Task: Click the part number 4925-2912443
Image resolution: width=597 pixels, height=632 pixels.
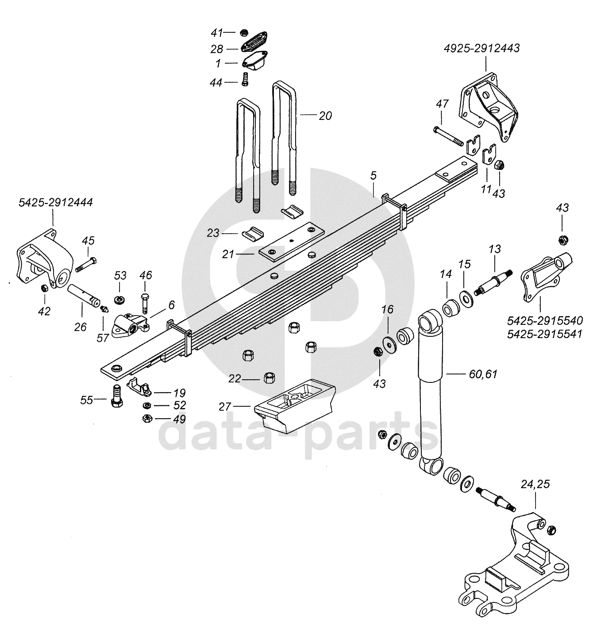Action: coord(482,49)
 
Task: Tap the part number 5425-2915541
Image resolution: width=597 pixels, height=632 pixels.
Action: coord(545,333)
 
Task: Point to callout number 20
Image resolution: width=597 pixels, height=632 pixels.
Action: coord(325,116)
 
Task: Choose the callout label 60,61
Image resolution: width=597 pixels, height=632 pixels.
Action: coord(483,374)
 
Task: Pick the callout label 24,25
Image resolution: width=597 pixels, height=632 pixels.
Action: coord(535,484)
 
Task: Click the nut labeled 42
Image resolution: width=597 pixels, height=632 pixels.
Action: coord(44,289)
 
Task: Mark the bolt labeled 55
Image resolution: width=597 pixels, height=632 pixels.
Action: coord(116,397)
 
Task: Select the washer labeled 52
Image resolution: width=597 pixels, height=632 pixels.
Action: coord(146,405)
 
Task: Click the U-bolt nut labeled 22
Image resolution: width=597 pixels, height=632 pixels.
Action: coord(269,378)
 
